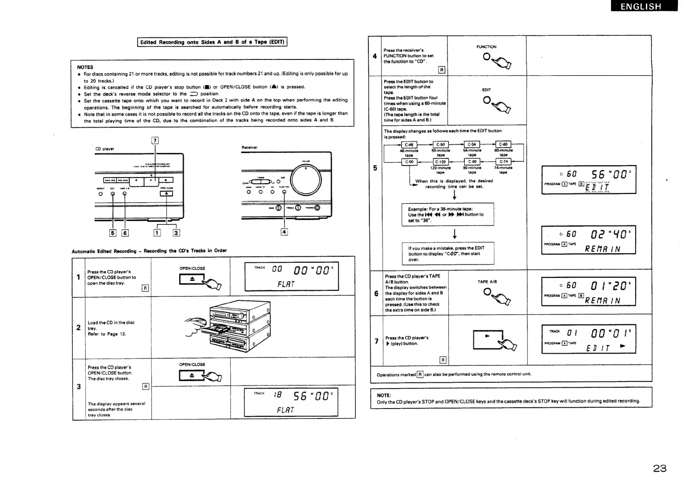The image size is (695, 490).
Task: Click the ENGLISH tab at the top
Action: pos(644,6)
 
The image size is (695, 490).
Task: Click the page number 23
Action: pos(660,468)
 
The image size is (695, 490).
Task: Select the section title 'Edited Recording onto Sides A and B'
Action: pos(212,42)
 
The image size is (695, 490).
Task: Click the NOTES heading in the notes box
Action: pos(85,67)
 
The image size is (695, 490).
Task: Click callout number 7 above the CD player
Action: pos(155,140)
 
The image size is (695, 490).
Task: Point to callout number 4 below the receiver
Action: pos(284,232)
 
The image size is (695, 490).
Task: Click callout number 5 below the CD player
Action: pos(113,233)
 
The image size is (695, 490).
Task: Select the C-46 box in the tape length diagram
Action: pos(409,145)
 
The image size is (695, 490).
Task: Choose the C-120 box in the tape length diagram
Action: pos(440,162)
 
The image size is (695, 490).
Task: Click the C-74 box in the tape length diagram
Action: pos(503,162)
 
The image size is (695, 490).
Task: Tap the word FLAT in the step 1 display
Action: pos(286,284)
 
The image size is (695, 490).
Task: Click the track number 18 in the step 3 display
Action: pos(277,396)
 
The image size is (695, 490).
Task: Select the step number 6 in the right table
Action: pos(376,293)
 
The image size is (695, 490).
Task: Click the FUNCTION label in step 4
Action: pos(486,47)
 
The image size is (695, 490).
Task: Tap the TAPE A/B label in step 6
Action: pos(487,282)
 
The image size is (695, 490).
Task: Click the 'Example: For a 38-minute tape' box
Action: pos(448,214)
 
